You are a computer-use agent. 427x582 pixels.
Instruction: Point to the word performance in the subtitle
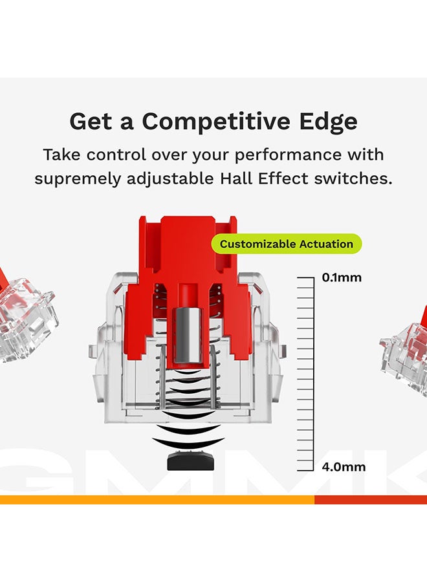pos(288,155)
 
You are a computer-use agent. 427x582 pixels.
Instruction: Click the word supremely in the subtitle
pos(78,180)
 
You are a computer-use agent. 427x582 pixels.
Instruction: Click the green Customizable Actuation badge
pos(286,244)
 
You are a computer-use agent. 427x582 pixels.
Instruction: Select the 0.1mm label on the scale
pos(342,277)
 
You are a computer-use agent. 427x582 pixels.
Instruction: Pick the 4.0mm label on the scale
pos(344,467)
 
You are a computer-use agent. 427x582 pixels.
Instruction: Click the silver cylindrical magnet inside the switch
pos(188,335)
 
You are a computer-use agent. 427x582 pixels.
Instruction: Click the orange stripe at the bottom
pos(157,500)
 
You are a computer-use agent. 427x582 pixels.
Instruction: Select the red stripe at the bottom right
pos(371,500)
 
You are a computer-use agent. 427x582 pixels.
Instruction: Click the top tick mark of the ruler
pos(305,277)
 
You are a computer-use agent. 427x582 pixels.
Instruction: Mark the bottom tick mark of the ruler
pos(305,470)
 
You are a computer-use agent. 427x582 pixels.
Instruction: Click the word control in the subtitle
pos(116,155)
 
